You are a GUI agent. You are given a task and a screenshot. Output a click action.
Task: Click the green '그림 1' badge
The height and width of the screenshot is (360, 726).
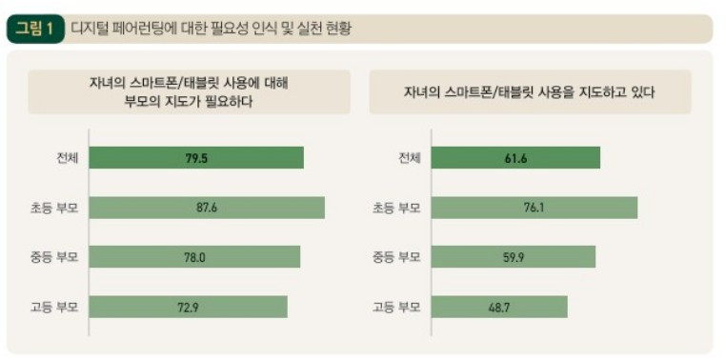pyautogui.click(x=35, y=29)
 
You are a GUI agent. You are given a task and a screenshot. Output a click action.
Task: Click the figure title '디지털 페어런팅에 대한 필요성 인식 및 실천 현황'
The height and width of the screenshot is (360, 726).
pyautogui.click(x=211, y=29)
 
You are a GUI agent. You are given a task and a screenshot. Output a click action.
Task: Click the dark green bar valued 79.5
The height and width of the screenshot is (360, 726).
pyautogui.click(x=196, y=158)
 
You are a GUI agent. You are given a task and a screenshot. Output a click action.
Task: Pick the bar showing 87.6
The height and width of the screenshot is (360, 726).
pyautogui.click(x=207, y=208)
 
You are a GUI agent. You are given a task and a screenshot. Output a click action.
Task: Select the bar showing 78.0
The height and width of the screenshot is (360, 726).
pyautogui.click(x=194, y=257)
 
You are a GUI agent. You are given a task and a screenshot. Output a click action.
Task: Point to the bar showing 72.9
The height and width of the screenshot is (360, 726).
pyautogui.click(x=188, y=307)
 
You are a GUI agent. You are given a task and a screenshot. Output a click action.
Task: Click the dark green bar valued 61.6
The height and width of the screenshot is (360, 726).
pyautogui.click(x=515, y=158)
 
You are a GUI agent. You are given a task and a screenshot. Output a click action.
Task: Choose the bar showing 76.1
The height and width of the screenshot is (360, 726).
pyautogui.click(x=534, y=208)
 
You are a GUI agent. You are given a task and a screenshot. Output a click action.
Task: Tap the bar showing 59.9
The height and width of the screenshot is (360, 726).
pyautogui.click(x=513, y=257)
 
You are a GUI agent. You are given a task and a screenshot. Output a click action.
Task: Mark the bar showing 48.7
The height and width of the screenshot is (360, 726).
pyautogui.click(x=499, y=307)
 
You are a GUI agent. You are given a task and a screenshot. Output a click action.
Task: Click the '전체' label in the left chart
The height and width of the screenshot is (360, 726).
pyautogui.click(x=67, y=158)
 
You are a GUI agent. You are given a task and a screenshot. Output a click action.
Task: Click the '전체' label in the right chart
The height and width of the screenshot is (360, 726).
pyautogui.click(x=410, y=158)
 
